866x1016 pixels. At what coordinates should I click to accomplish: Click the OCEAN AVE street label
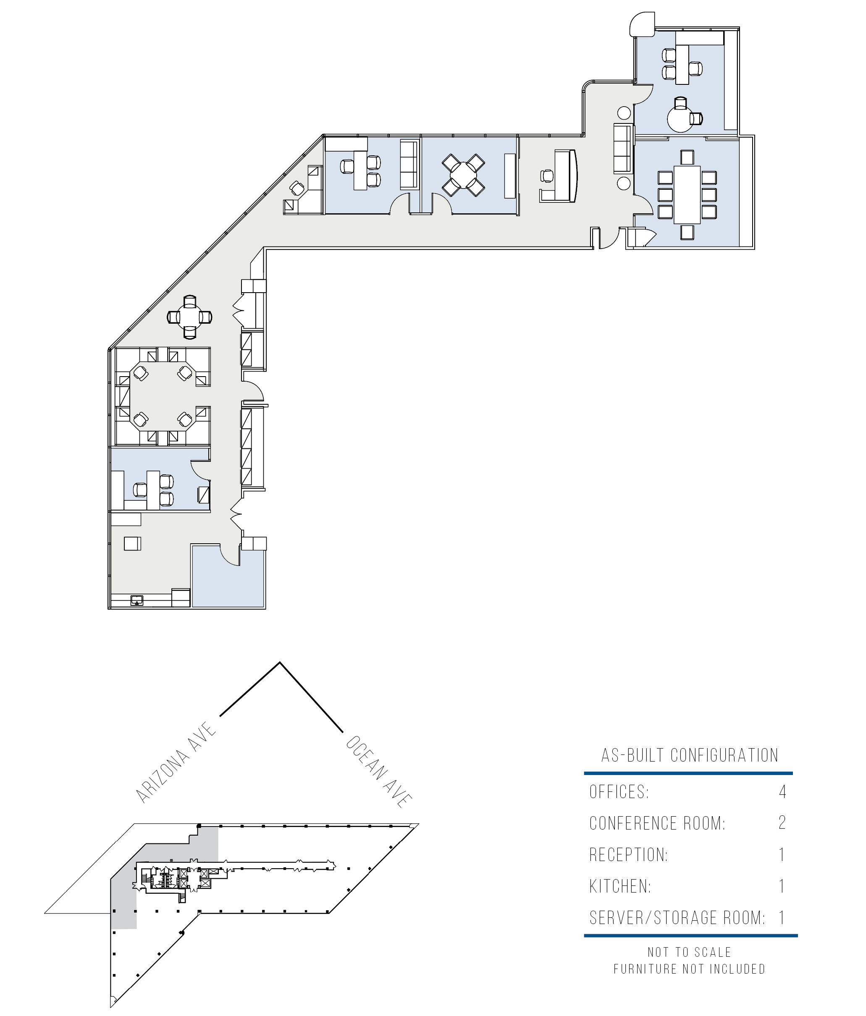coord(378,771)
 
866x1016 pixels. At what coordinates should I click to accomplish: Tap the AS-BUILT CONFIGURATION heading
coord(689,755)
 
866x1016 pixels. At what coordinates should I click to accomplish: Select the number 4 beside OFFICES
coord(782,791)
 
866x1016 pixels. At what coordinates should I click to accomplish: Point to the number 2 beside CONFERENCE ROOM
coord(782,822)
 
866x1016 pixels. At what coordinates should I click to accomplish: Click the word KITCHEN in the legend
coord(620,886)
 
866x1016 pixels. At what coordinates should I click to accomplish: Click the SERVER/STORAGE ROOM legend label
coord(677,917)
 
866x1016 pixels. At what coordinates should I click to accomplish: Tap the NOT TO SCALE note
coord(689,952)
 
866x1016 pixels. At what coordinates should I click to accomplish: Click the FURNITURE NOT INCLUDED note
coord(689,969)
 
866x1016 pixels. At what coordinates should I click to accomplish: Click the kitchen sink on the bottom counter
coord(137,600)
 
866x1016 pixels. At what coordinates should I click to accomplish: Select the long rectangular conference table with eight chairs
coord(687,195)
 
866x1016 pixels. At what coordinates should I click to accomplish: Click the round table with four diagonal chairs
coord(463,175)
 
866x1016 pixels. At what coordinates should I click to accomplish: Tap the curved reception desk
coord(566,175)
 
